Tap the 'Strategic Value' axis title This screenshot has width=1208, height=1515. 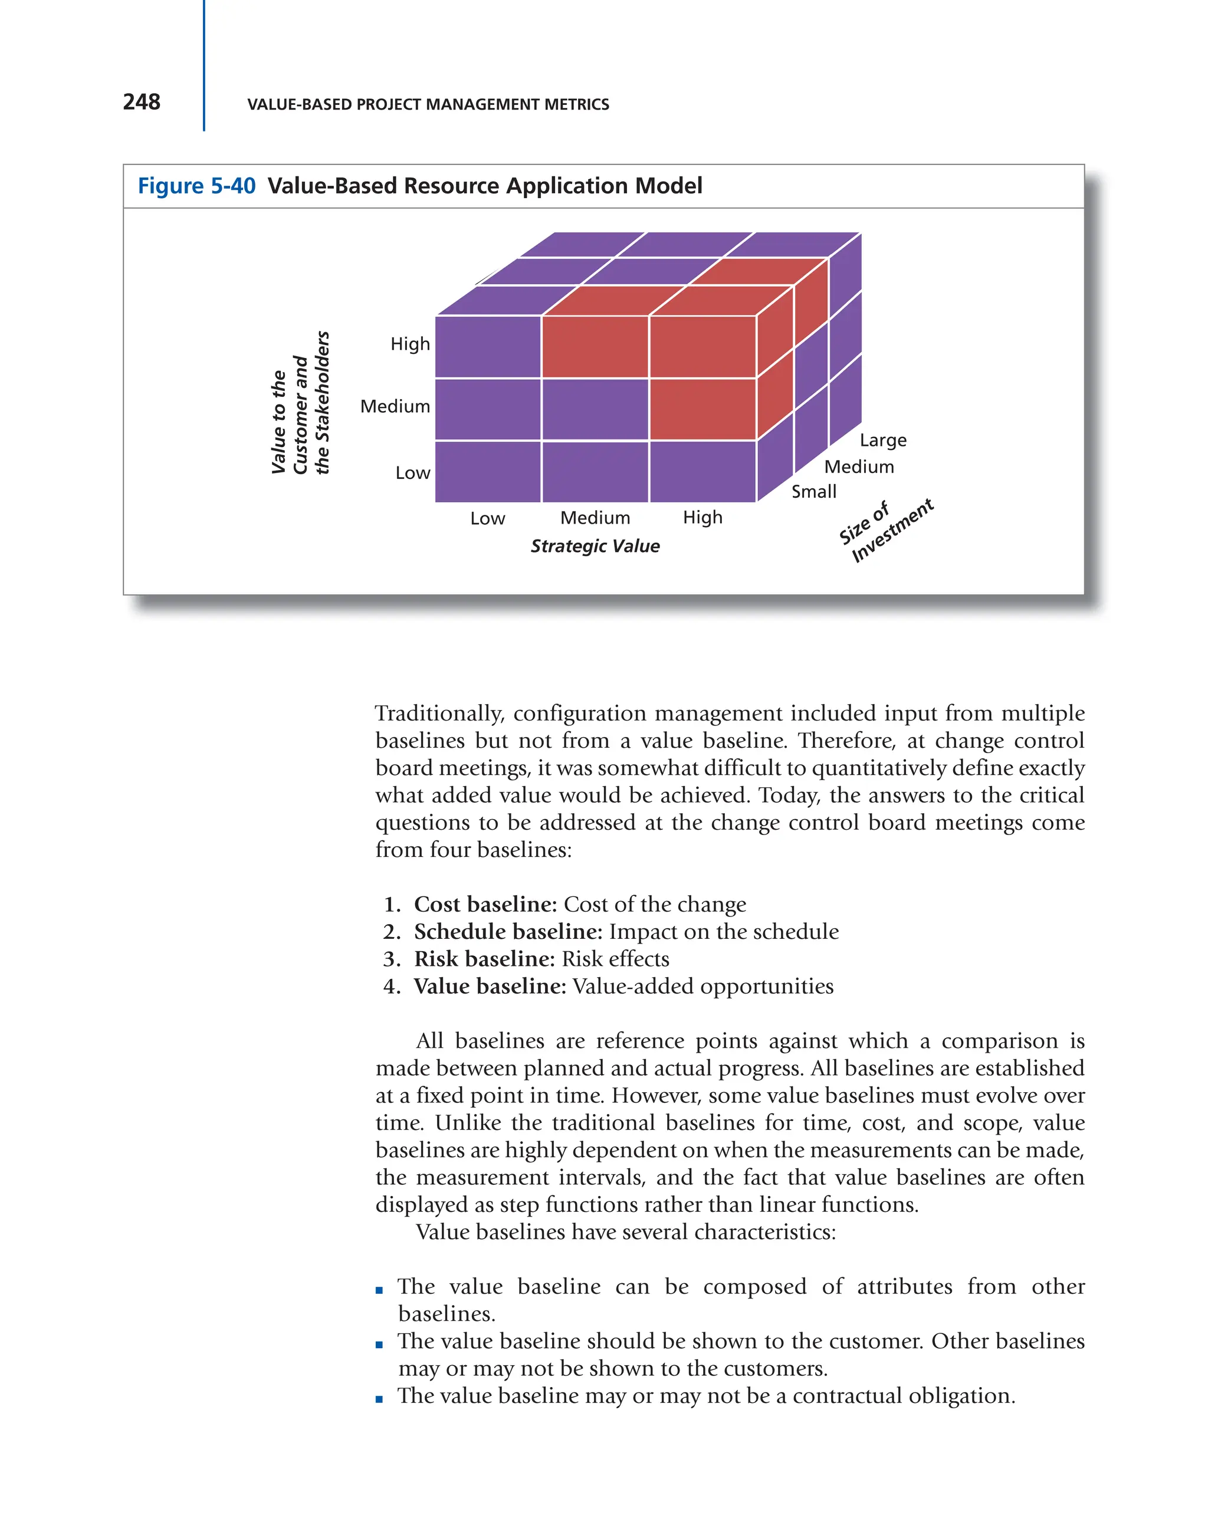(595, 546)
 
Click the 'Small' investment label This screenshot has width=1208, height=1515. (814, 491)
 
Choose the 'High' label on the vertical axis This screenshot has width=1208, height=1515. (410, 344)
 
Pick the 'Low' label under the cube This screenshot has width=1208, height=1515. (487, 518)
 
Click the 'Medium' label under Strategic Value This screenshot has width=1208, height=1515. (595, 518)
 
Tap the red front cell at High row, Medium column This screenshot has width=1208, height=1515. (595, 347)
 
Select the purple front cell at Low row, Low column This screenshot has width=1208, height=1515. (488, 472)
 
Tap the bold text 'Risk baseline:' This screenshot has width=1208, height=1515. (484, 958)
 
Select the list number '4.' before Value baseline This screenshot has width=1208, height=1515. (392, 986)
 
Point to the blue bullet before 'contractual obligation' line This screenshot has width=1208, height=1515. (379, 1399)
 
